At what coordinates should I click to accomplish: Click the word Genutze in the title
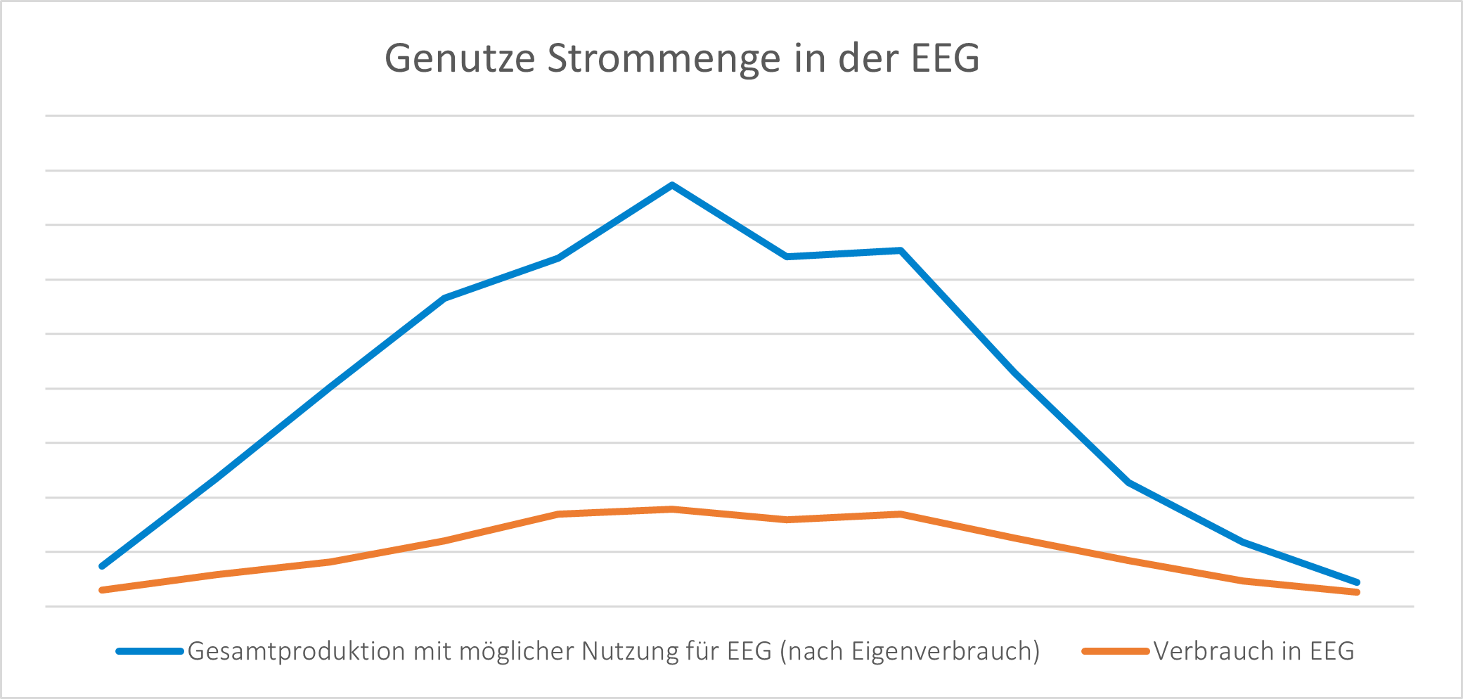pos(459,58)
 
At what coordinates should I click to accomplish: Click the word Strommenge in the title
pos(664,58)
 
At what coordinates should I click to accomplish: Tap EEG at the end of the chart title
pos(946,58)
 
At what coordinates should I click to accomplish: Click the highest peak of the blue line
pos(672,186)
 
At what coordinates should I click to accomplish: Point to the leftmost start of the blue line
pos(103,565)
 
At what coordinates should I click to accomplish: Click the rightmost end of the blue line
pos(1357,582)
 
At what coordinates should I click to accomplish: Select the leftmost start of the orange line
pos(103,590)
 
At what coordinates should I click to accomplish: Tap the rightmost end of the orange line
pos(1357,592)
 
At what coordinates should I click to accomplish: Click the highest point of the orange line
pos(672,508)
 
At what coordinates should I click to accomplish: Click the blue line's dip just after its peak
pos(787,257)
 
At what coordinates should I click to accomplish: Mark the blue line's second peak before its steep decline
pos(901,250)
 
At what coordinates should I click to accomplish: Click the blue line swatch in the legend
pos(150,651)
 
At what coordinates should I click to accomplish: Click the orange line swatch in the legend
pos(1115,651)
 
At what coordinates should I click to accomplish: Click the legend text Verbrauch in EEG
pos(1253,651)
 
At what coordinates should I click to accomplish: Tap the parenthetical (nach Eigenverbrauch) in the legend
pos(910,651)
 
